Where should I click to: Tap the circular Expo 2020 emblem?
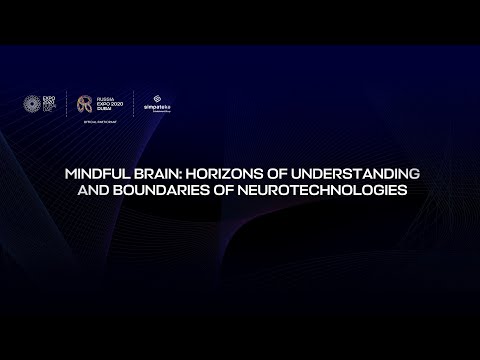point(29,102)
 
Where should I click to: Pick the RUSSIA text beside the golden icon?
point(107,96)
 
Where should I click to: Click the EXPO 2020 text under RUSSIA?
point(110,102)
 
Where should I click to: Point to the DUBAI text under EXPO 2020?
point(105,109)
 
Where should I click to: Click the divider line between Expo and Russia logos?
point(66,103)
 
